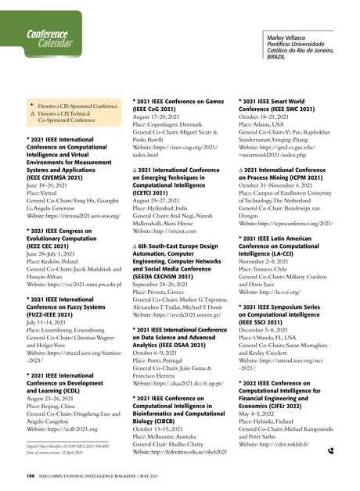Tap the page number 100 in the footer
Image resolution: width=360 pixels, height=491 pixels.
pyautogui.click(x=29, y=475)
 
